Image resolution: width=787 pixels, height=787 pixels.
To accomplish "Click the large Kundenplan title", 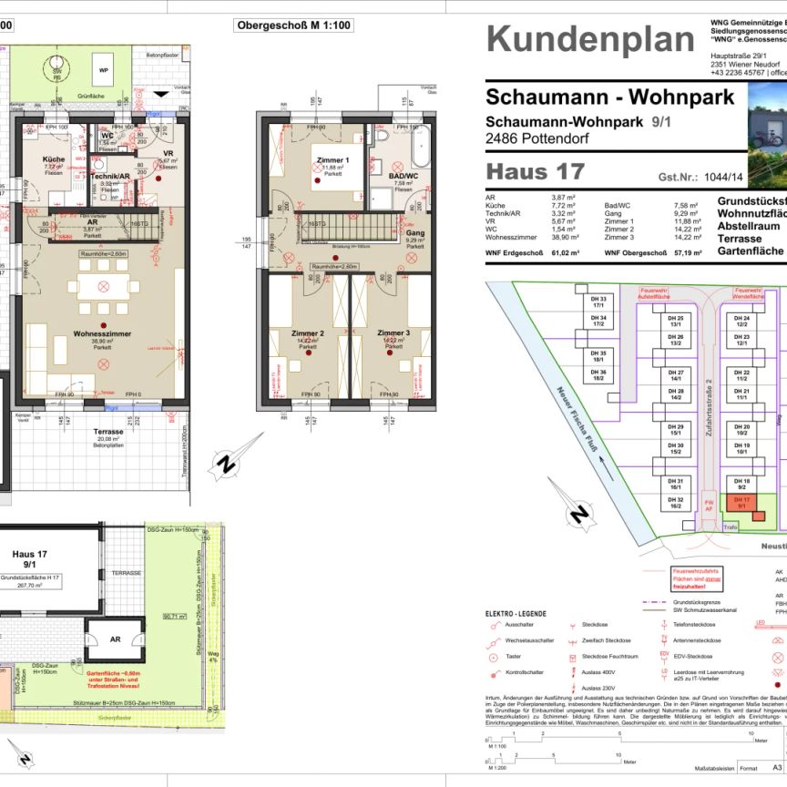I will [x=589, y=39].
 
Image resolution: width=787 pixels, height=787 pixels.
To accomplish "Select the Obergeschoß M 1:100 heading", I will [x=293, y=26].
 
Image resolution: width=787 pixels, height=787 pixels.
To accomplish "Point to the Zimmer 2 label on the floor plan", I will [x=308, y=333].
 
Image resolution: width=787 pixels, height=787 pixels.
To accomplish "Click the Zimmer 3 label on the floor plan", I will [x=394, y=333].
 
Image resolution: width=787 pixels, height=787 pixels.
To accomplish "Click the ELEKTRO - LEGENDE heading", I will [x=516, y=612].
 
